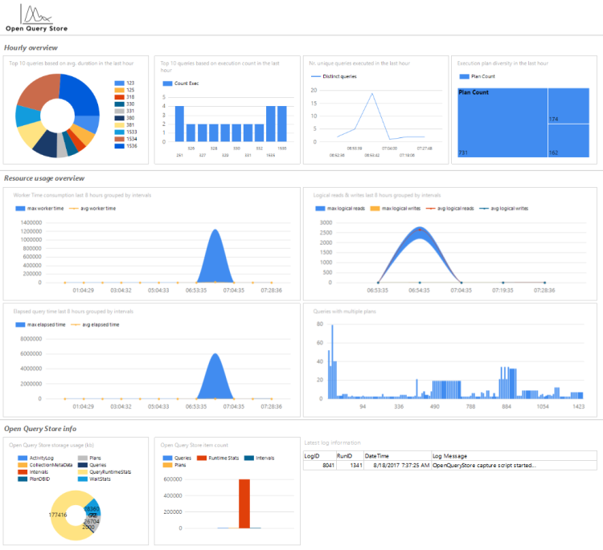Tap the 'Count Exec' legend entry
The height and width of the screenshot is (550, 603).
(182, 83)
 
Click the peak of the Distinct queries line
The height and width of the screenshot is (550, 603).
(372, 93)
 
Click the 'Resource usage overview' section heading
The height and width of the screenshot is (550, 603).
(44, 178)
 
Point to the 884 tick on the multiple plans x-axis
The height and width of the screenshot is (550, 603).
(507, 406)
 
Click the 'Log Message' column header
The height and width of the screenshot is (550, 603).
(452, 454)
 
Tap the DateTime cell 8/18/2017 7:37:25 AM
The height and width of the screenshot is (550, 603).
(397, 465)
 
